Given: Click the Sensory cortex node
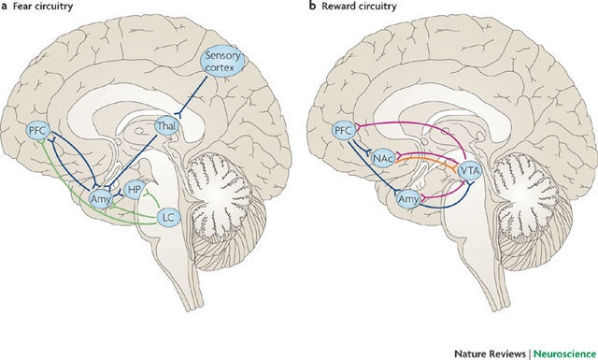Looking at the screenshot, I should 222,64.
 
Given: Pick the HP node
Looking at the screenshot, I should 135,189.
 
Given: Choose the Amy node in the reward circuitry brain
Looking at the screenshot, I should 407,199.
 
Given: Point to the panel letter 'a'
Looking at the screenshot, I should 5,8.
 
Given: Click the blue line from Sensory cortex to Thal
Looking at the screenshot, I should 194,99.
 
